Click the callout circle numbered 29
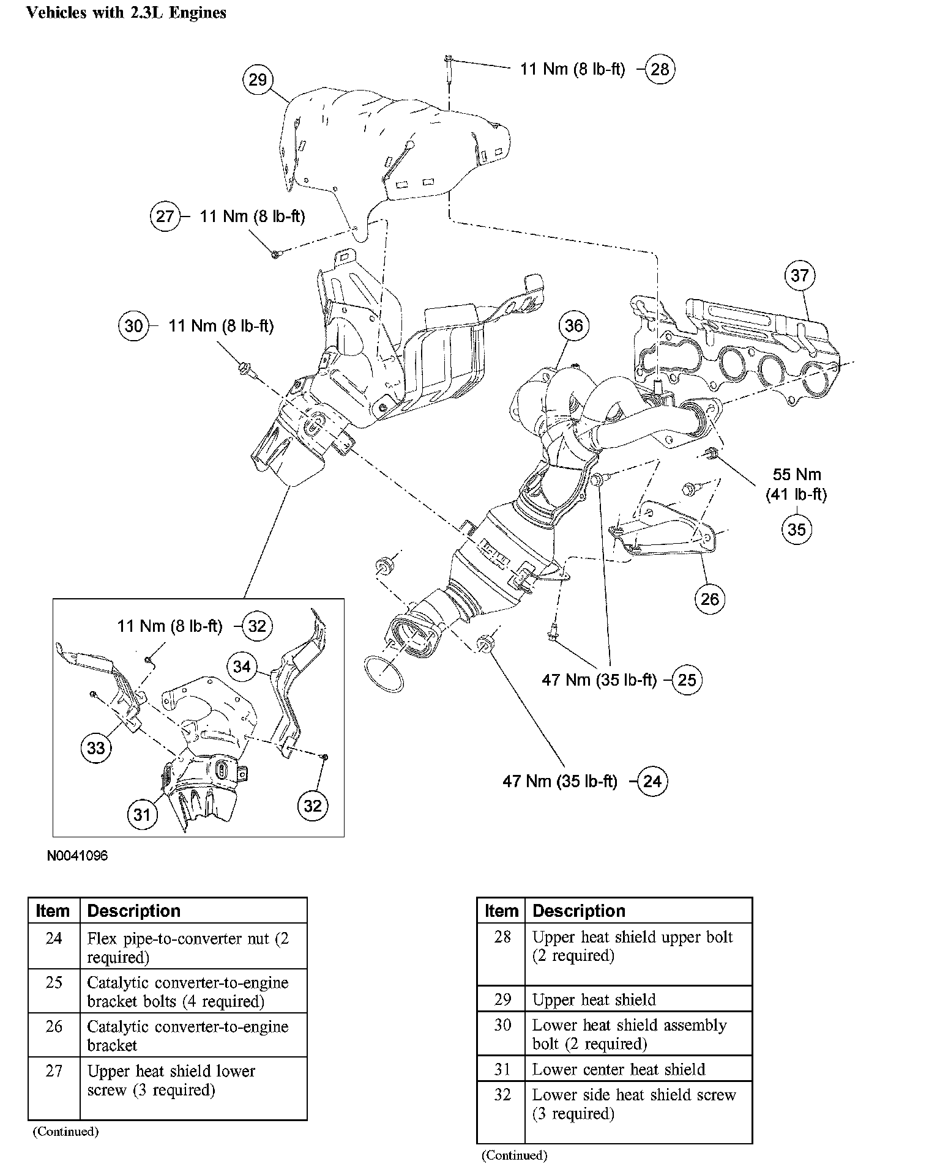pos(258,80)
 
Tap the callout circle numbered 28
pos(660,69)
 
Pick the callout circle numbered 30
pos(133,325)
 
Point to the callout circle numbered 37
pos(800,275)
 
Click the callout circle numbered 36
pos(573,325)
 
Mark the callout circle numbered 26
pos(709,598)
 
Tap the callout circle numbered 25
pos(687,680)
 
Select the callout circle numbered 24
pos(652,781)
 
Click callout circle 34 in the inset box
pos(242,666)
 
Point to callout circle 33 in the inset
pos(96,747)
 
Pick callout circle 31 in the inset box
pos(142,815)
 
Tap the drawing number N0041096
pos(77,856)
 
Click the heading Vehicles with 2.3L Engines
pos(126,13)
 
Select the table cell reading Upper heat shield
pos(594,999)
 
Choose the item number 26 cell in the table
pos(54,1026)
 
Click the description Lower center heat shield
pos(618,1069)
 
